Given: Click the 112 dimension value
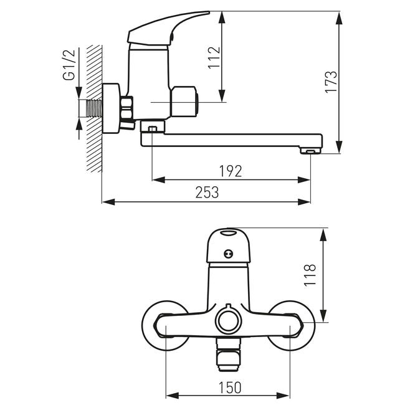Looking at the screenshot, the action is (214, 57).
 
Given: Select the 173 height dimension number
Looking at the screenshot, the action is (331, 82).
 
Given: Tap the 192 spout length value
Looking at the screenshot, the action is (231, 171).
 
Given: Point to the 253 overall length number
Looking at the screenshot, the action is (207, 192).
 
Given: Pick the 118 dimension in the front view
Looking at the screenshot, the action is (310, 275).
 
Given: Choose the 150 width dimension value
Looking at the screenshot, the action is (230, 388).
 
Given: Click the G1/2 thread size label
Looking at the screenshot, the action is (69, 65).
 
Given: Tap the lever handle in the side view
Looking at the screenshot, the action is (168, 29).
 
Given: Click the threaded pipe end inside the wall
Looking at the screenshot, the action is (95, 108).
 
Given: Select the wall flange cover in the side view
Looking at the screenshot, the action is (111, 108).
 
